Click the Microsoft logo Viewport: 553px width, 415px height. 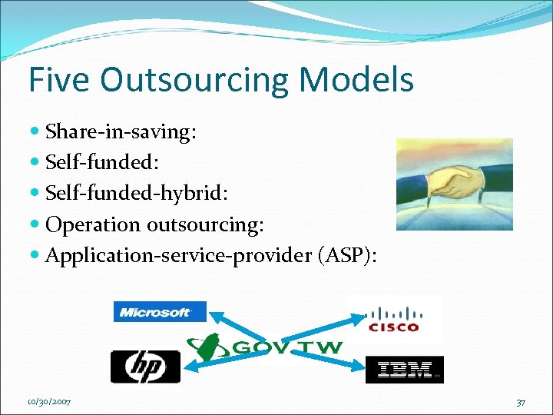tap(160, 311)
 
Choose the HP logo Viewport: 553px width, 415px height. tap(145, 367)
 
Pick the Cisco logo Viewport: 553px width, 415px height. tap(394, 319)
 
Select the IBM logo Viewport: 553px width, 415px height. tap(404, 370)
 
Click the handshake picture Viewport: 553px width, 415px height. tap(454, 184)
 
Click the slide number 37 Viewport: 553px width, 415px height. tap(522, 402)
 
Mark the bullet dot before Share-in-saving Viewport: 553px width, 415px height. tap(38, 132)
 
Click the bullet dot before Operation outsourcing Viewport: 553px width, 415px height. tap(38, 224)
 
